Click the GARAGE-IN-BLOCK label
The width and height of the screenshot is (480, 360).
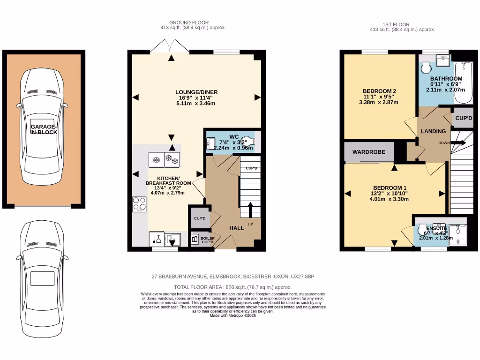pyautogui.click(x=44, y=129)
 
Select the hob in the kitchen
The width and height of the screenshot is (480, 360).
pyautogui.click(x=139, y=204)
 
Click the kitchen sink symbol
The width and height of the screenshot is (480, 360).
pyautogui.click(x=173, y=239)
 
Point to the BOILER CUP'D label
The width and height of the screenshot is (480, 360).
pyautogui.click(x=208, y=240)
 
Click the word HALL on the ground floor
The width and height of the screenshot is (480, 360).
pyautogui.click(x=236, y=228)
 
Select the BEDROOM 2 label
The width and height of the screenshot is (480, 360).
pyautogui.click(x=379, y=91)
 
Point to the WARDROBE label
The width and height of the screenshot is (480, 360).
pyautogui.click(x=368, y=152)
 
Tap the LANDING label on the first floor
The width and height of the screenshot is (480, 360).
pyautogui.click(x=433, y=132)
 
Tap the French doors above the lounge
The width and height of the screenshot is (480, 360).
pyautogui.click(x=171, y=46)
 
